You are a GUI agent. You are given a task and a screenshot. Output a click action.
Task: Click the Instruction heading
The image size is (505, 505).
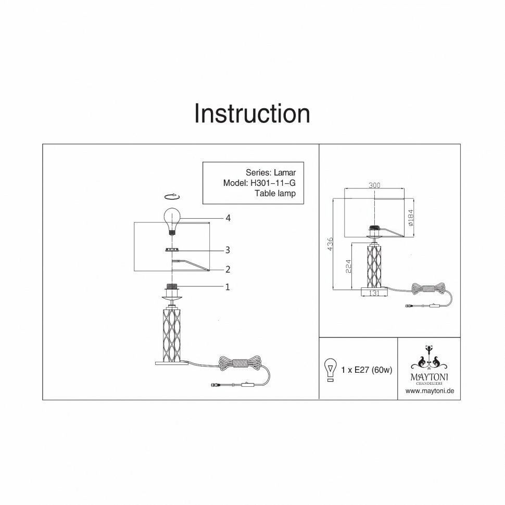(x=252, y=113)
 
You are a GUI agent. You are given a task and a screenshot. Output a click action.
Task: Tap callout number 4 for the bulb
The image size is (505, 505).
(x=228, y=218)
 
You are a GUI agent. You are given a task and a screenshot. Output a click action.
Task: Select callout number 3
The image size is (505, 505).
(x=228, y=250)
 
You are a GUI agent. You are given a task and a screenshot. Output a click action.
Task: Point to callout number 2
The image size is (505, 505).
(x=228, y=269)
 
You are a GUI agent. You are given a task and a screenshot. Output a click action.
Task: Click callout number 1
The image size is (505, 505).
(x=228, y=286)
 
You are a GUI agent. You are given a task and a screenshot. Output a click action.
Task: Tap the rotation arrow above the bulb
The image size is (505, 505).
(x=172, y=196)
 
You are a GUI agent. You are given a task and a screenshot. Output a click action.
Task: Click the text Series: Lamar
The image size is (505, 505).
(x=271, y=172)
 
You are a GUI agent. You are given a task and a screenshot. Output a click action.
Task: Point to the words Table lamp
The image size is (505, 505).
(x=275, y=193)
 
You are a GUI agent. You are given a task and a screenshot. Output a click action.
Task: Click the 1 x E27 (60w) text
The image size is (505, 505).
(x=367, y=370)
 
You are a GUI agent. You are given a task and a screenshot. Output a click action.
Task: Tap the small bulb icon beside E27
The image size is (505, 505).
(x=329, y=370)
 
